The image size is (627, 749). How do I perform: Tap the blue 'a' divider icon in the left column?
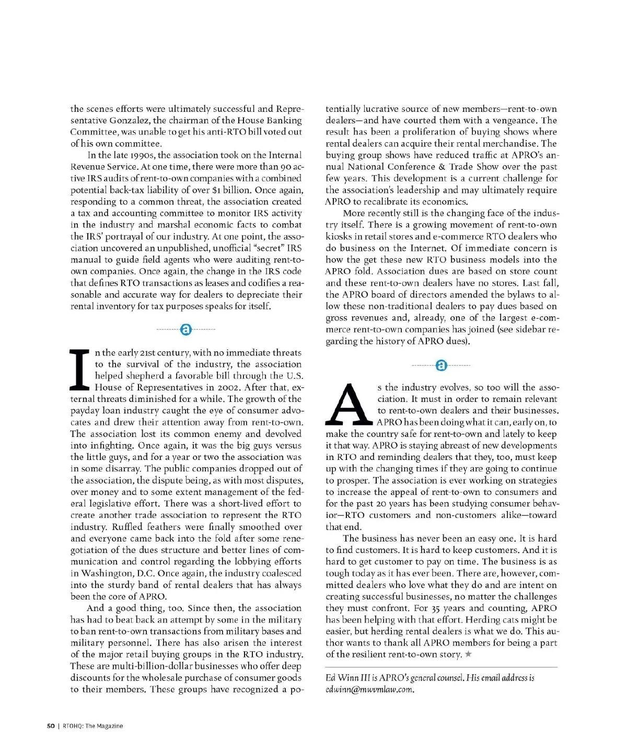[x=185, y=329]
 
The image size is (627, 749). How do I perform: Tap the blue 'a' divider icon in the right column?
[x=441, y=365]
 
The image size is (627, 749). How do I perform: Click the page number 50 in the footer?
[x=51, y=725]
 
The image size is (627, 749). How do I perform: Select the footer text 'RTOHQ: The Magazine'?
[x=93, y=725]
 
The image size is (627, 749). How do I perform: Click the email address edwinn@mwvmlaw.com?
[x=369, y=689]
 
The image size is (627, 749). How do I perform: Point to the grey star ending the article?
[x=468, y=654]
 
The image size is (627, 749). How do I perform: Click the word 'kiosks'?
[x=338, y=236]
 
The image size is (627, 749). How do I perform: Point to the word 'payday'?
[x=86, y=411]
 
